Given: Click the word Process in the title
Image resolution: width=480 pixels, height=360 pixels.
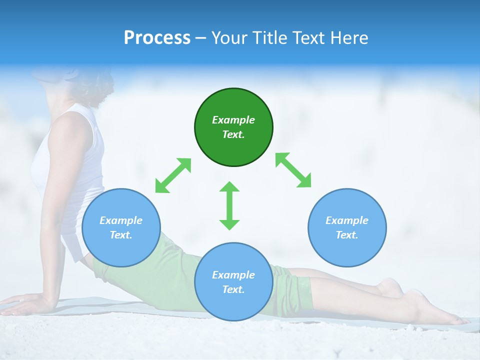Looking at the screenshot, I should pos(157,38).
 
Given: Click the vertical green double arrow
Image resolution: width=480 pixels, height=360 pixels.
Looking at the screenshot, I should pos(229,205).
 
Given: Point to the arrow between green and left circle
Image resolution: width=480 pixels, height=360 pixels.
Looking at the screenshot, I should pos(173,175).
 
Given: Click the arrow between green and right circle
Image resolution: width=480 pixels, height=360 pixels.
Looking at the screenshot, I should pos(293,170).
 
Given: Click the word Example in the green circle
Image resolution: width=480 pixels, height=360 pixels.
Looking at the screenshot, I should pos(233,120).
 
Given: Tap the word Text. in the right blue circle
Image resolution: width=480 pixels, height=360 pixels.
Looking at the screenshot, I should pos(347,235).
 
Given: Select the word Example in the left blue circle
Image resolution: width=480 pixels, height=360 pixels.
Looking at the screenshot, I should pos(121,220).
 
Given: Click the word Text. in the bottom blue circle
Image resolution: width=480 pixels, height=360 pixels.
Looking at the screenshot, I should pos(233,289).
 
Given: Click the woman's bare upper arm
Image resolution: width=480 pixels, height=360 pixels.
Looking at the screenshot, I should pos(62,150).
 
